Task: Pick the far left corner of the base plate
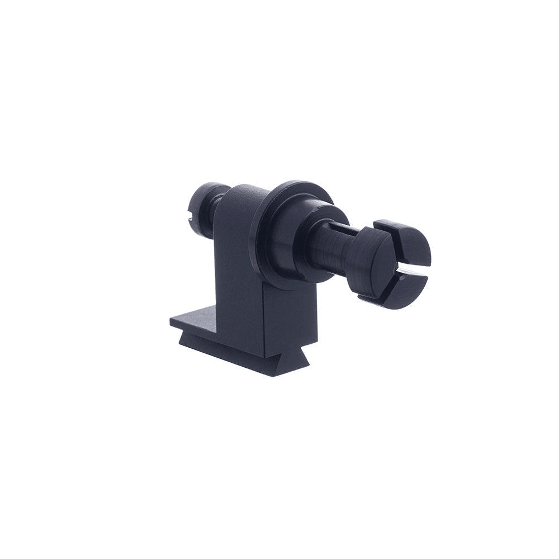coord(171,321)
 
